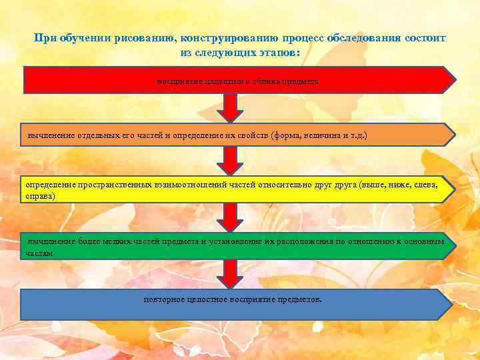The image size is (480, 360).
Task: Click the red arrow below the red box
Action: tap(230, 107)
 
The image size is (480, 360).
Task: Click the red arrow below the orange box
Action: tap(230, 160)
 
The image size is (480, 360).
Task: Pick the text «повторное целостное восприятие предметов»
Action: tap(233, 299)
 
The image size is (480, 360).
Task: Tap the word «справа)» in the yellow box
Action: tap(41, 197)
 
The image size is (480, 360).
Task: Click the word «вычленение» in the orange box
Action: tap(50, 135)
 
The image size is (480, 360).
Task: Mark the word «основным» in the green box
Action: tap(424, 242)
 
